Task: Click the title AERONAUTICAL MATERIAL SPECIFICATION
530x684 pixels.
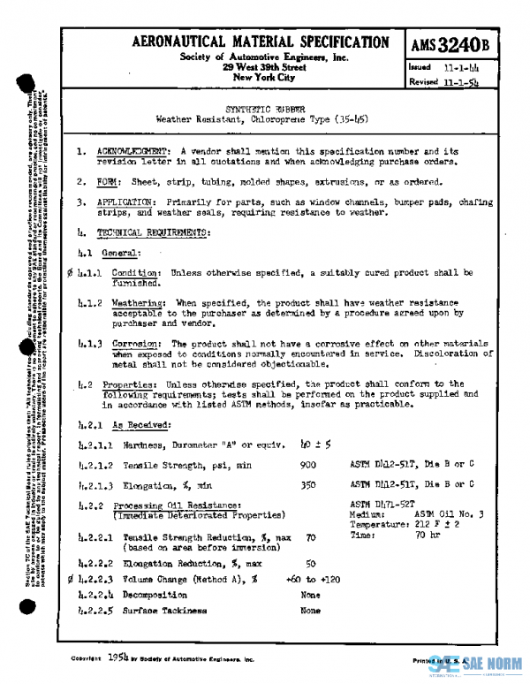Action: [x=260, y=42]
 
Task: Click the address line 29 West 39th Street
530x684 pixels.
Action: [x=263, y=67]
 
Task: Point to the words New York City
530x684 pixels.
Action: [x=262, y=78]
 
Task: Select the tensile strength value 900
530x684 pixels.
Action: [x=308, y=464]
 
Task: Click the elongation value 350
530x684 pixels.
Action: [x=308, y=484]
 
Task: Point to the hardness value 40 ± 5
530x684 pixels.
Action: [x=315, y=444]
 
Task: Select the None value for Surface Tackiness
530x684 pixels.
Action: [x=310, y=610]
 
